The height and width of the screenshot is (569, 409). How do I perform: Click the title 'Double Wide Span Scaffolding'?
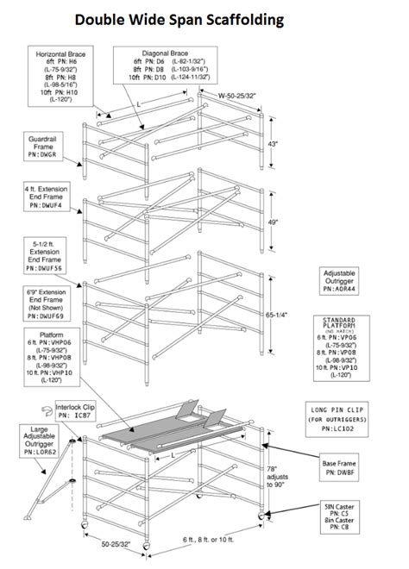point(191,18)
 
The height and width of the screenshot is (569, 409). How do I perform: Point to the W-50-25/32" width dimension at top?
point(236,97)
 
